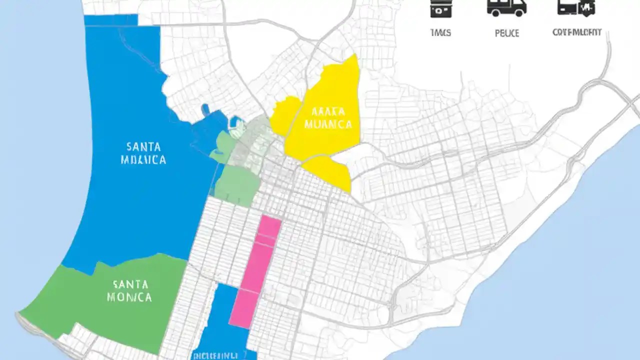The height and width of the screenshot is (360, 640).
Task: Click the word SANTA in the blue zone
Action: [x=143, y=147]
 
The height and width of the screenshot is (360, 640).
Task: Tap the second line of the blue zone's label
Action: [x=143, y=160]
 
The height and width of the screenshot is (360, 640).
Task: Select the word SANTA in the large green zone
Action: [x=130, y=284]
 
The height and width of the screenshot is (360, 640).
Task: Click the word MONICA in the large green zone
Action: [x=129, y=297]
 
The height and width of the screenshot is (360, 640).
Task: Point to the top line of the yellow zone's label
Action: [x=327, y=111]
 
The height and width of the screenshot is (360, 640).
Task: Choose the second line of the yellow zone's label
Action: [x=328, y=124]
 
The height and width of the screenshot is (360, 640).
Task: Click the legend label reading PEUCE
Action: [x=506, y=33]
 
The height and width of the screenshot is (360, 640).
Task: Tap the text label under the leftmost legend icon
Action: [x=440, y=33]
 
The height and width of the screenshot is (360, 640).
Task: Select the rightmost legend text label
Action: [x=576, y=32]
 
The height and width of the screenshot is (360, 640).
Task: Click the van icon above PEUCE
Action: [x=506, y=7]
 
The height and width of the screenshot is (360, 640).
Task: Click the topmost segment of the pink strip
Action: [x=269, y=225]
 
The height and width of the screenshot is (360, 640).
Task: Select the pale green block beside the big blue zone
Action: [x=238, y=185]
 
